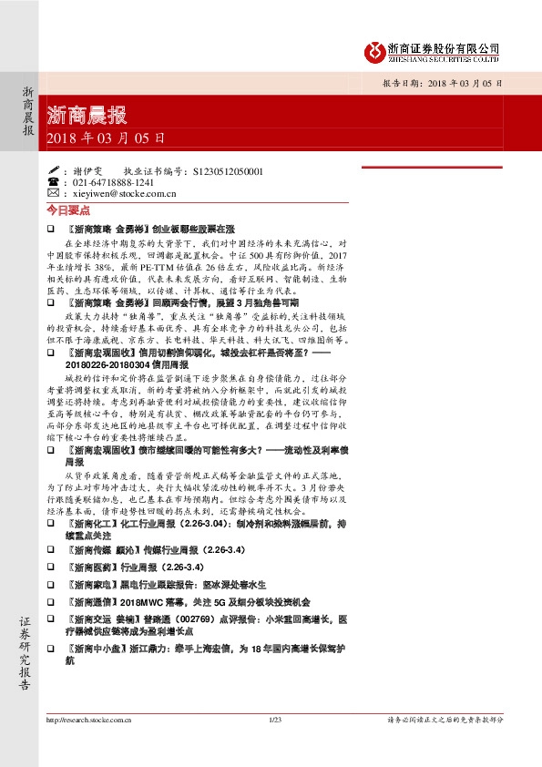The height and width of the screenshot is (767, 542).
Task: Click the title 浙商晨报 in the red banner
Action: click(x=87, y=117)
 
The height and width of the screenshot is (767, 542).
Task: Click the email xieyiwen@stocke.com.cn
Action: click(x=123, y=193)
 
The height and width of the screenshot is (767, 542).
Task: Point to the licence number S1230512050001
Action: click(x=224, y=170)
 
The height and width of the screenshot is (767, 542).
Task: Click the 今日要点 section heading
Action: click(x=65, y=210)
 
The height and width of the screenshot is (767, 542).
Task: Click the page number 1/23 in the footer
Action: click(x=276, y=720)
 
